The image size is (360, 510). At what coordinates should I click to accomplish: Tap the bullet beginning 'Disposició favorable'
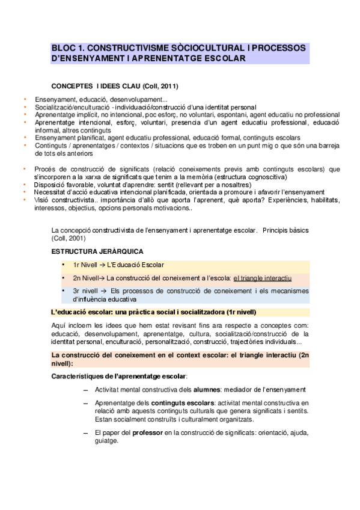point(67,185)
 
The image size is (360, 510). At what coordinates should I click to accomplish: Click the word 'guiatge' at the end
point(106,440)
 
